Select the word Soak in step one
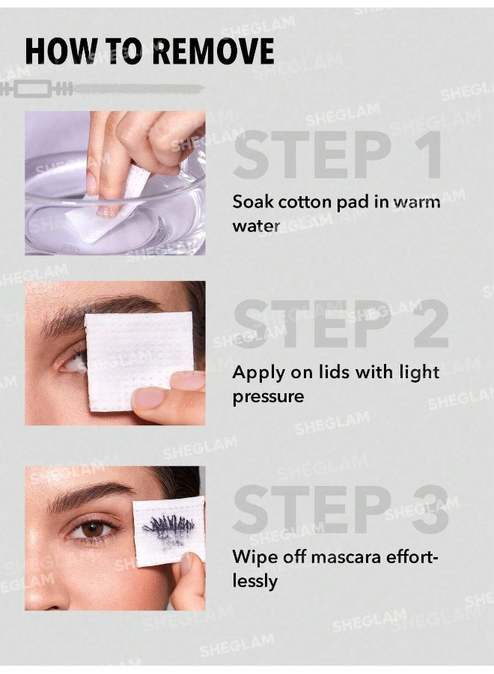coord(250,202)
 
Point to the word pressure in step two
coord(267,397)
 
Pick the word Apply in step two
coord(253,373)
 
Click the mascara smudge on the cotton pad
coord(168,525)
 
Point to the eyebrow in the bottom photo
coord(86,494)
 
